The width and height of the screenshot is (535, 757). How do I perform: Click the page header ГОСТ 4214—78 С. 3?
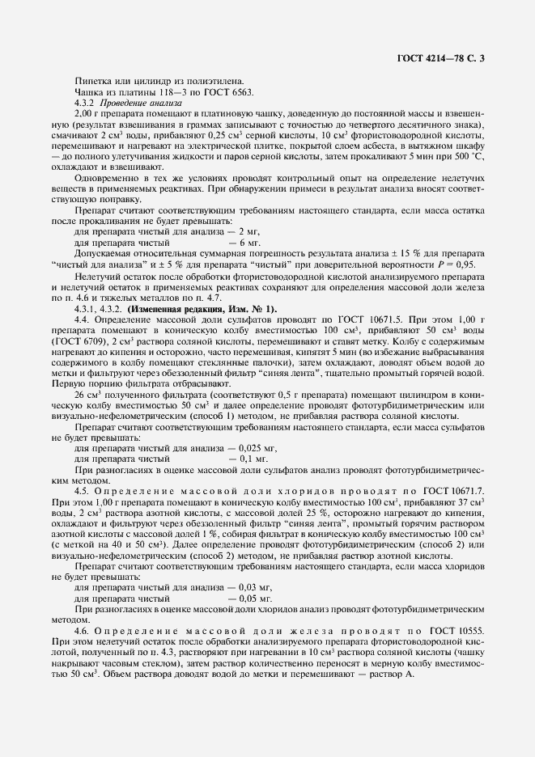(445, 57)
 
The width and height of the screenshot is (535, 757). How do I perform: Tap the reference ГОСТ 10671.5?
(376, 320)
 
